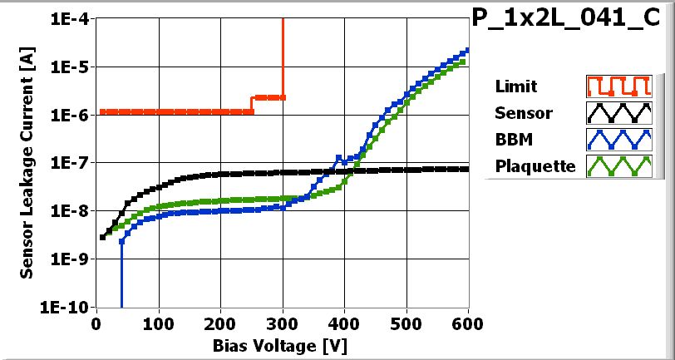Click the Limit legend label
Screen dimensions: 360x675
pos(515,86)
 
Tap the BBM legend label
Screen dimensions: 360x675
pos(511,140)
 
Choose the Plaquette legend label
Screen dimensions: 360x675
pos(535,166)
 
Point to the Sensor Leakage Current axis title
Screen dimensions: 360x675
pos(27,163)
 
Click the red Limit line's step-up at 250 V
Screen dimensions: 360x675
pos(252,104)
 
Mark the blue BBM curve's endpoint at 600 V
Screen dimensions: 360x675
pos(467,50)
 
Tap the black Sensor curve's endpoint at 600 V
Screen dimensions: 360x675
pos(467,169)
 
